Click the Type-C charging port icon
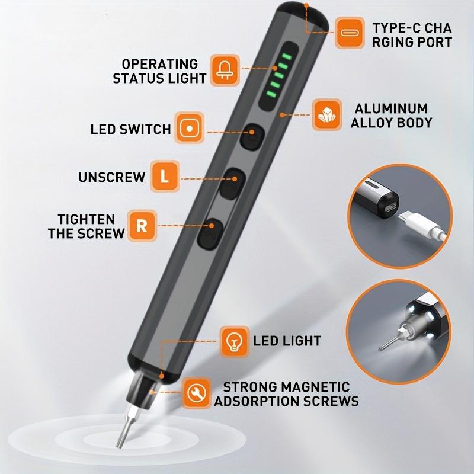350,33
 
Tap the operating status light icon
225,70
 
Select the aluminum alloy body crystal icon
327,114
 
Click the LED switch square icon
190,128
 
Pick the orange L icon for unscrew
165,176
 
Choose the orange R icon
142,226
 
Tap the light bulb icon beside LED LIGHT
234,341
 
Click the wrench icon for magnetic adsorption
197,393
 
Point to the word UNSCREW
112,177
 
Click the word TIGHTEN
86,219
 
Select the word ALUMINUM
391,108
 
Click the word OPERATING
160,64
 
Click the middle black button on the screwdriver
232,184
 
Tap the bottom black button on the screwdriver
210,233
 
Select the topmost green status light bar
287,56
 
